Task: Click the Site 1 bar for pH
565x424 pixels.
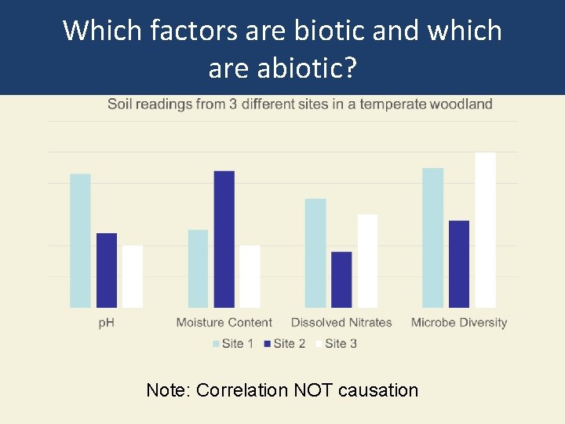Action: [80, 240]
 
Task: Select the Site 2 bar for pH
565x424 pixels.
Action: [107, 270]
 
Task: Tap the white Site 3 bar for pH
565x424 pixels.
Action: [133, 276]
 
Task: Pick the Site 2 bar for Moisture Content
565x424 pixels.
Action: [224, 239]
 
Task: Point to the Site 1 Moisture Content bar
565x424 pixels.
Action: [199, 269]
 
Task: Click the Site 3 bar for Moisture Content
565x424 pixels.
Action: [250, 276]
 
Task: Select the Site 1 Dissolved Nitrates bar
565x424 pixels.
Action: [315, 253]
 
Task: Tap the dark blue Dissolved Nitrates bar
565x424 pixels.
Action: [341, 280]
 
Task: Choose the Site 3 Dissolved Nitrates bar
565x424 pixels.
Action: [367, 261]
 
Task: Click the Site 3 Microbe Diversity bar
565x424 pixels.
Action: [485, 230]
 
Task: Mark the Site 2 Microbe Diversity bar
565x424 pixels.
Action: [459, 264]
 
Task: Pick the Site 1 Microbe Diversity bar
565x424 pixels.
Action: [433, 238]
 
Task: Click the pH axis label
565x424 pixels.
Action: [106, 323]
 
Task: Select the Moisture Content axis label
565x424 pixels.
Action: [224, 323]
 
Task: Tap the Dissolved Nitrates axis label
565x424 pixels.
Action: [341, 323]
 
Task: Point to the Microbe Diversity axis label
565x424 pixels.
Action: [459, 323]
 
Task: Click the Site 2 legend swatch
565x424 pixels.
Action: [268, 344]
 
